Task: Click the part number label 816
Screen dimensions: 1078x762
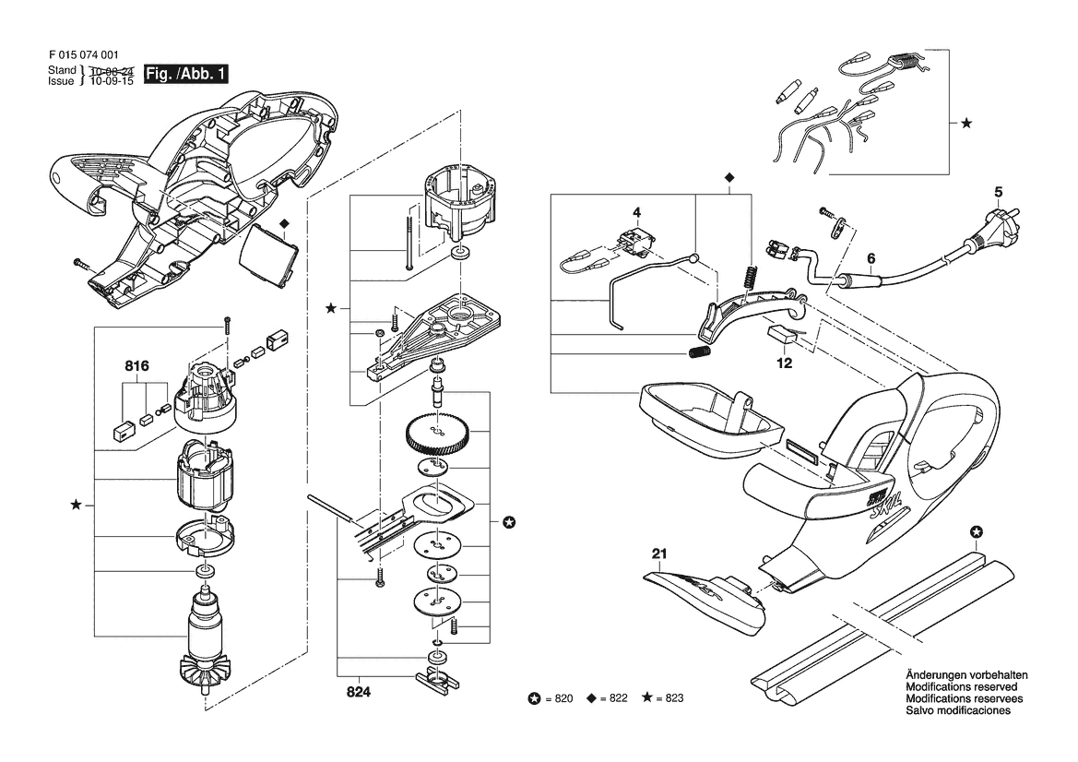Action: tap(136, 366)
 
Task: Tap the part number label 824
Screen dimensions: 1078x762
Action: tap(358, 692)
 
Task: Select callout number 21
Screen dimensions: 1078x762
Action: tap(660, 554)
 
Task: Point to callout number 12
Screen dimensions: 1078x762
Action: tap(785, 363)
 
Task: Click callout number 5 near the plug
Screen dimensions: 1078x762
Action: tap(999, 193)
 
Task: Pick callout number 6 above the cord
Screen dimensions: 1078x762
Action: tap(871, 258)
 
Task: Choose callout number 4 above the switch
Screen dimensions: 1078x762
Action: tap(636, 212)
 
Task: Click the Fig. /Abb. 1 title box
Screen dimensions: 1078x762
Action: tap(185, 75)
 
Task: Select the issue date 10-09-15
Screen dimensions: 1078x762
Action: tap(113, 81)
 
